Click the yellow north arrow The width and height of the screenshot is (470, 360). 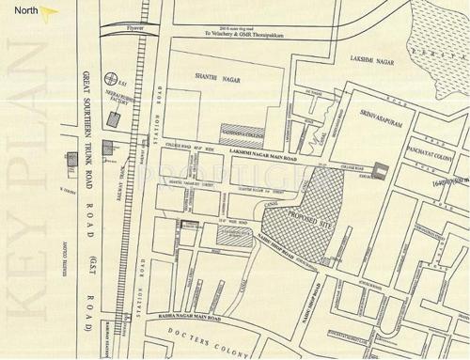(x=50, y=12)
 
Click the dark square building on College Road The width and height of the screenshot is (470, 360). (x=380, y=170)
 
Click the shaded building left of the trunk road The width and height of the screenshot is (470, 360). (x=70, y=162)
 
